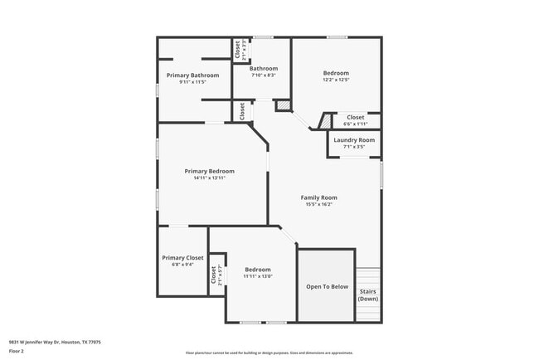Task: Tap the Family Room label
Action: point(319,197)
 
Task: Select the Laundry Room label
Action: point(354,140)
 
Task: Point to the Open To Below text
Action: point(327,287)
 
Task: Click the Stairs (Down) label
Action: point(368,294)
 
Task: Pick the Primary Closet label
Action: point(182,258)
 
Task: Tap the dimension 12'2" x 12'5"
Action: point(336,80)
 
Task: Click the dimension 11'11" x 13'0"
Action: point(258,276)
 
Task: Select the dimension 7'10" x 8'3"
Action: point(263,75)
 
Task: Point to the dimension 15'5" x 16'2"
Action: point(319,204)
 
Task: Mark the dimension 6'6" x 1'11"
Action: point(355,124)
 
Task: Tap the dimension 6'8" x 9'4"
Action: point(182,265)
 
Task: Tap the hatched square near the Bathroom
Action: point(283,106)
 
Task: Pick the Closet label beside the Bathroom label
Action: point(236,51)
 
